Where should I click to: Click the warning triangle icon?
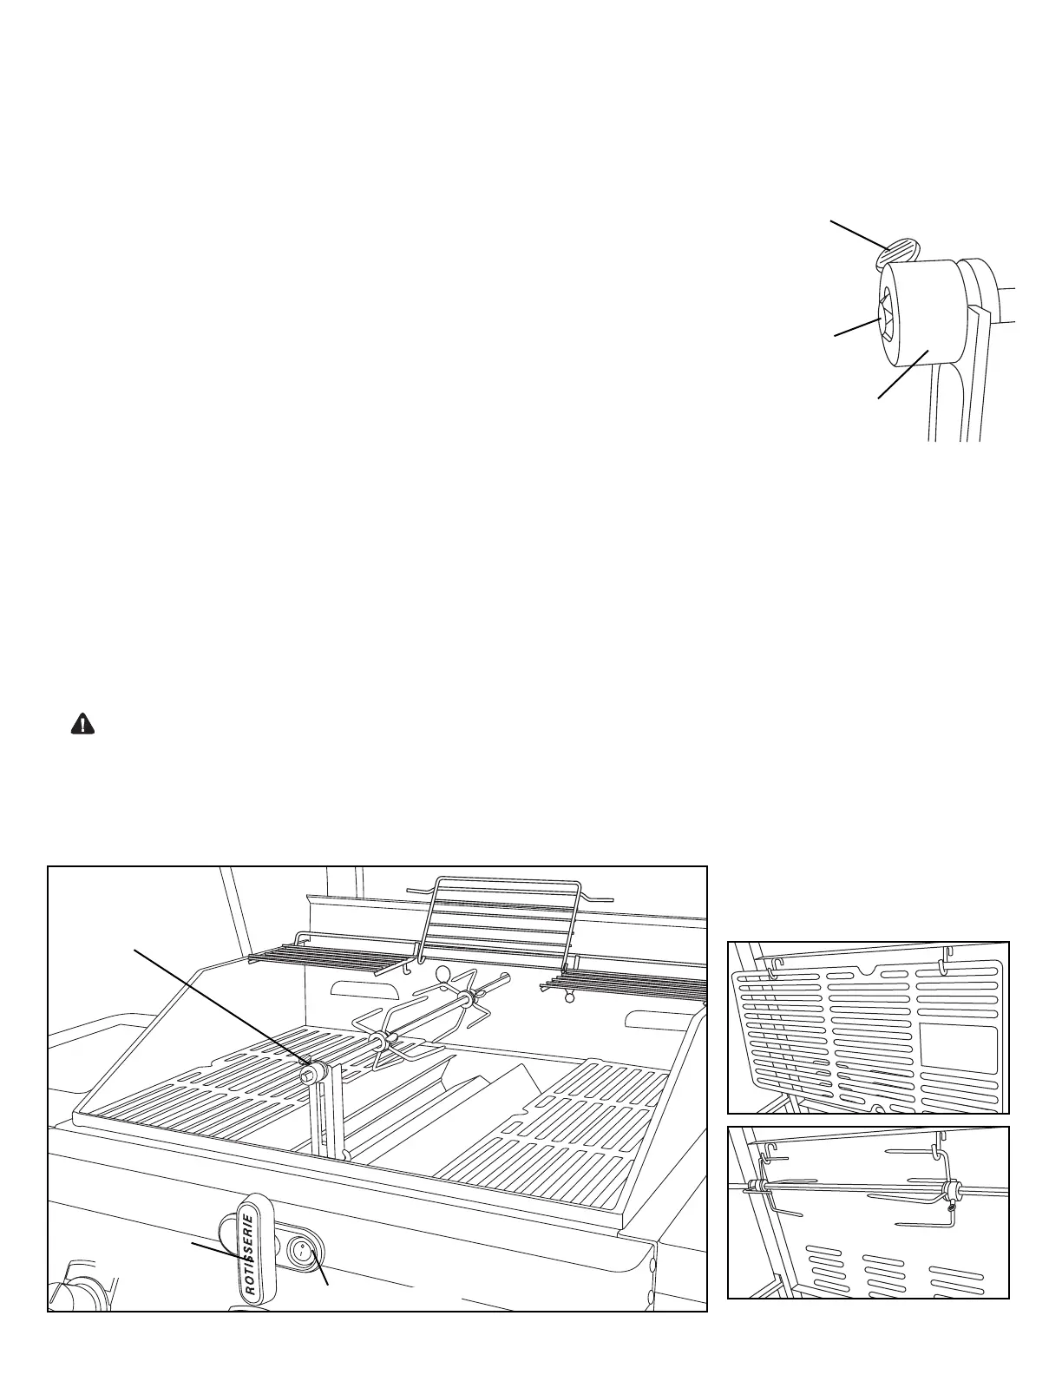[82, 725]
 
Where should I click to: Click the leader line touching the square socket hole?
[856, 328]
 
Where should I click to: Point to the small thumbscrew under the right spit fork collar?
[952, 1207]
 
